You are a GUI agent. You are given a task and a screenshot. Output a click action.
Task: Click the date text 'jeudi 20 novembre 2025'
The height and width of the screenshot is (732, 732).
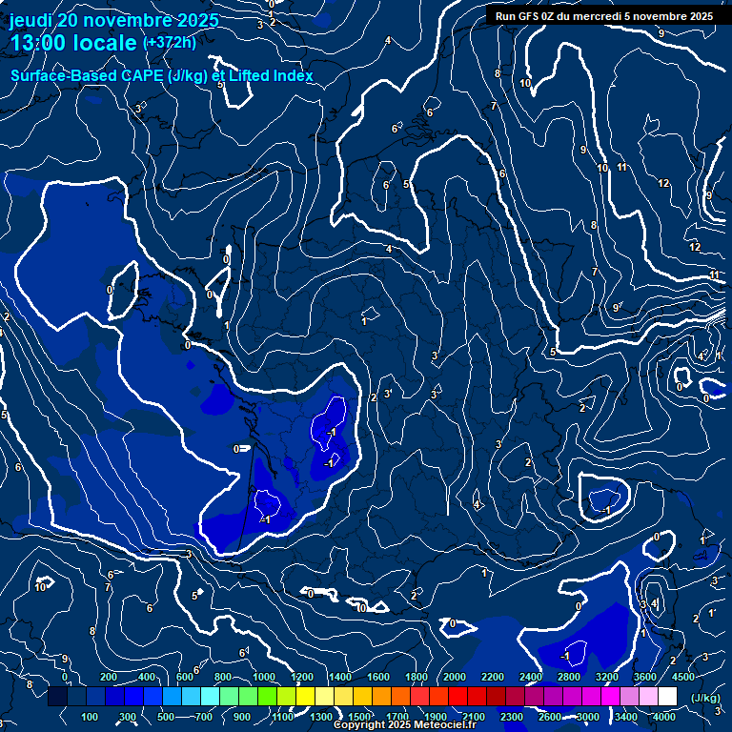pos(113,20)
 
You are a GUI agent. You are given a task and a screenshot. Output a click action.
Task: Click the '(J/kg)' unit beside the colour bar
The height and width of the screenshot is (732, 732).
pos(705,698)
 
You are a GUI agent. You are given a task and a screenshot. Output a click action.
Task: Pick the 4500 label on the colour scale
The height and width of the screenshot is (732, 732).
pos(683,677)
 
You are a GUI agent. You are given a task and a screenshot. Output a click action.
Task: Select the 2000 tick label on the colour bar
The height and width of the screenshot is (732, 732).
pos(455,677)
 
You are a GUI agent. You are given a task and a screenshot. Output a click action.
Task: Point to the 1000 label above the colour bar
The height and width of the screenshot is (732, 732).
pos(264,677)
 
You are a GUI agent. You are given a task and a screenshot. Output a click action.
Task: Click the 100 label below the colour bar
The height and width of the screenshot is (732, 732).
pos(91,717)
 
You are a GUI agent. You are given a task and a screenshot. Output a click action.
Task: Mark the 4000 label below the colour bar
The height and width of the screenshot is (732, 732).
pos(664,717)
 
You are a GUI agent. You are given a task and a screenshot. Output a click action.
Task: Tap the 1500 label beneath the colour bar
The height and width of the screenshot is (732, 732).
pos(359,717)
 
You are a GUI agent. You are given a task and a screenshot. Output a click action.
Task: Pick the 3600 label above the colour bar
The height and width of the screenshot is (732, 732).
pos(645,677)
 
